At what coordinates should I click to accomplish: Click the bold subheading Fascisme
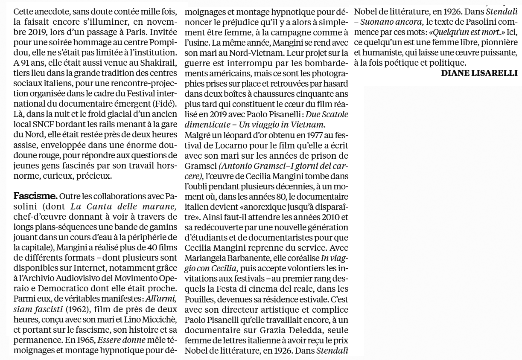coord(35,197)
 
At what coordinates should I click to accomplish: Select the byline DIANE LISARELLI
coord(479,73)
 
